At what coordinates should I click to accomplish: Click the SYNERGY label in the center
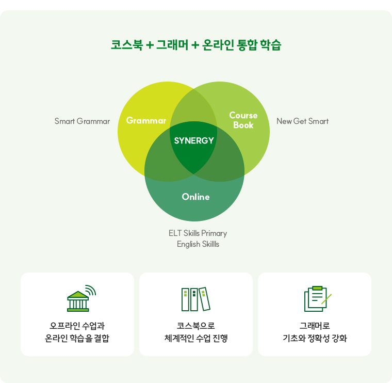[x=194, y=140]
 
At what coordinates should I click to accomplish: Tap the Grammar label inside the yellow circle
[x=146, y=121]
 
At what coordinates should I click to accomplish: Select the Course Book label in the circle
[x=243, y=120]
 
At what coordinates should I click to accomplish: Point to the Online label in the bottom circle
[x=196, y=197]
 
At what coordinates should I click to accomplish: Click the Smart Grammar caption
[x=82, y=121]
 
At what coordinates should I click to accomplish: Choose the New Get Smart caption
[x=302, y=121]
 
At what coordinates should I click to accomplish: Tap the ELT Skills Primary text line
[x=198, y=233]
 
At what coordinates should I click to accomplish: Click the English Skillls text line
[x=198, y=244]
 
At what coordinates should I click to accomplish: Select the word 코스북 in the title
[x=126, y=44]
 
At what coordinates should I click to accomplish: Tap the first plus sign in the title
[x=150, y=45]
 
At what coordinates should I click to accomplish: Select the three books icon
[x=196, y=299]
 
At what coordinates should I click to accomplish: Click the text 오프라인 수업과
[x=77, y=326]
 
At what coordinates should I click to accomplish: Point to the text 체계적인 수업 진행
[x=196, y=339]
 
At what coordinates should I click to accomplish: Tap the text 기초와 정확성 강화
[x=315, y=339]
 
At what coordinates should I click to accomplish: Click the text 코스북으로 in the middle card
[x=196, y=326]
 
